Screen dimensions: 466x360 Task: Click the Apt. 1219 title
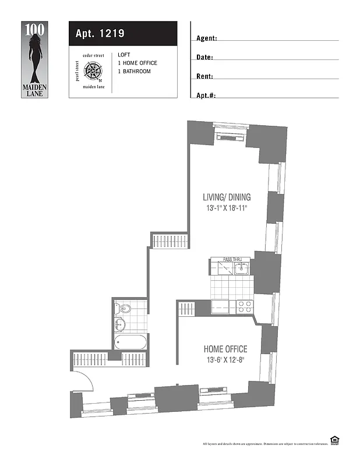pos(100,34)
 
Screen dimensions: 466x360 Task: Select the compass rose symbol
pos(93,71)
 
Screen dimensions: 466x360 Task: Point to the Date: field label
pos(204,58)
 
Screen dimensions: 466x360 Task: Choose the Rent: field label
pos(204,76)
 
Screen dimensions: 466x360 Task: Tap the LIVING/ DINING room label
pos(227,197)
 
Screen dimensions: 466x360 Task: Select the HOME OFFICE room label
pos(225,349)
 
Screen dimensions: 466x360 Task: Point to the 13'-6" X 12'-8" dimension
pos(224,360)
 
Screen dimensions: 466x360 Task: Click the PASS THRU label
pos(234,259)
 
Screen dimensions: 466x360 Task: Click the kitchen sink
pos(242,268)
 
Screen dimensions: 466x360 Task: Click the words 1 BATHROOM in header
pos(134,72)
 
